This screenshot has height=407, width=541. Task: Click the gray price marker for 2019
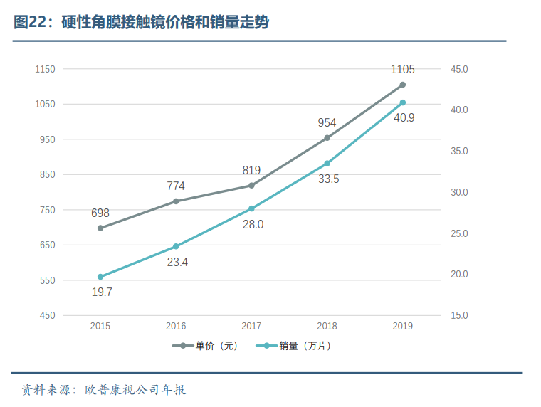[402, 85]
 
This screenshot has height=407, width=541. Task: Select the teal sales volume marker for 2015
[100, 277]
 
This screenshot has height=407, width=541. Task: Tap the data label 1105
[402, 70]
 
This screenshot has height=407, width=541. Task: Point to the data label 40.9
[404, 117]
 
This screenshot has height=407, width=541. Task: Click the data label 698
[100, 213]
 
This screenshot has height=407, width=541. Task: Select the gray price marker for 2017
[251, 186]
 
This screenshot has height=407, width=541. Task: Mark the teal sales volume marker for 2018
[327, 164]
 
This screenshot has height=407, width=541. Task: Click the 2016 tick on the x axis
[176, 326]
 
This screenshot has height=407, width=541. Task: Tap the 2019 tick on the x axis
[402, 326]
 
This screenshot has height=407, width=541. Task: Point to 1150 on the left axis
[45, 69]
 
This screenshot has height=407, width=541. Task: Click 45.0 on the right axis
[459, 69]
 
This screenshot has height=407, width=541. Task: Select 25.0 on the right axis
[459, 233]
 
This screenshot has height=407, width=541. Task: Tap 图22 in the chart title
[28, 23]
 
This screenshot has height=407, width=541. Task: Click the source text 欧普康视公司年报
[135, 390]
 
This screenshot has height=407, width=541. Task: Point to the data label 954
[327, 122]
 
